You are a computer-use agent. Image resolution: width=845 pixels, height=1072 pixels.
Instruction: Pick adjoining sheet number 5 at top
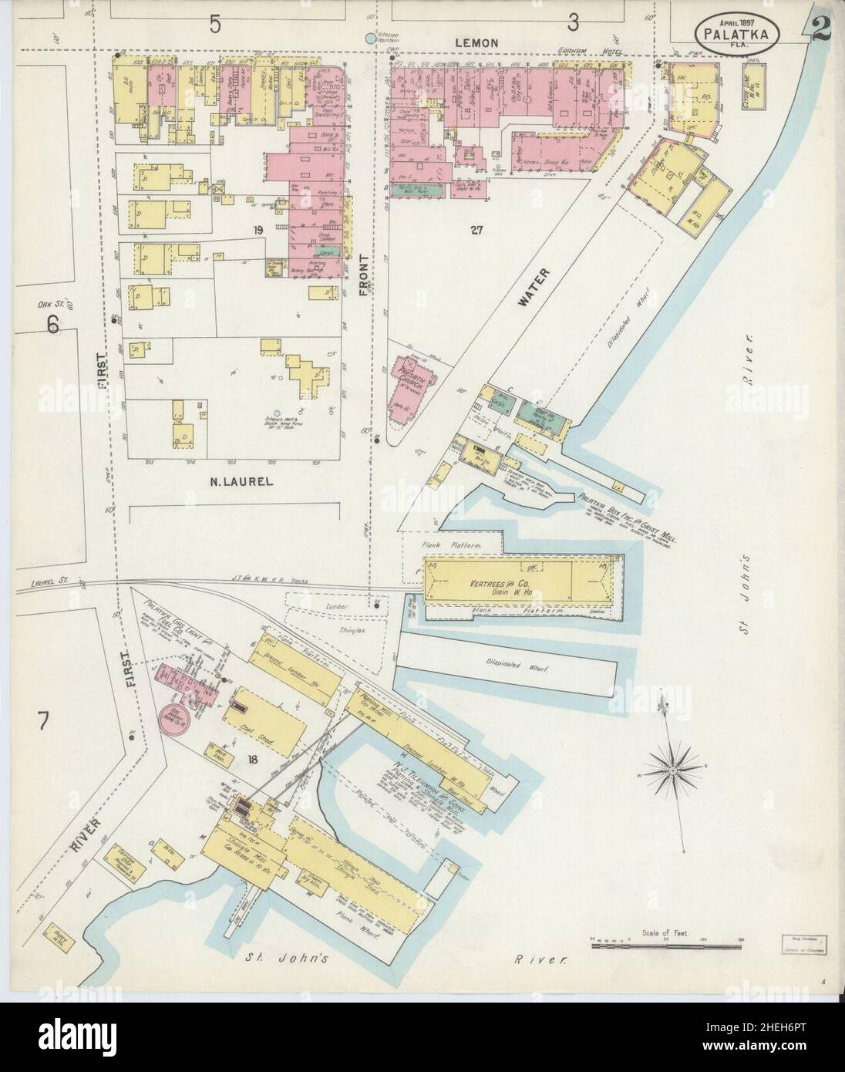click(x=214, y=25)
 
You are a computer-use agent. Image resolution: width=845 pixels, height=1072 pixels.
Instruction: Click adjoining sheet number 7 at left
click(x=43, y=723)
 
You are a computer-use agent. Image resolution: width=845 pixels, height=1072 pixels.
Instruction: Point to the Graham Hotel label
click(x=577, y=53)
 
